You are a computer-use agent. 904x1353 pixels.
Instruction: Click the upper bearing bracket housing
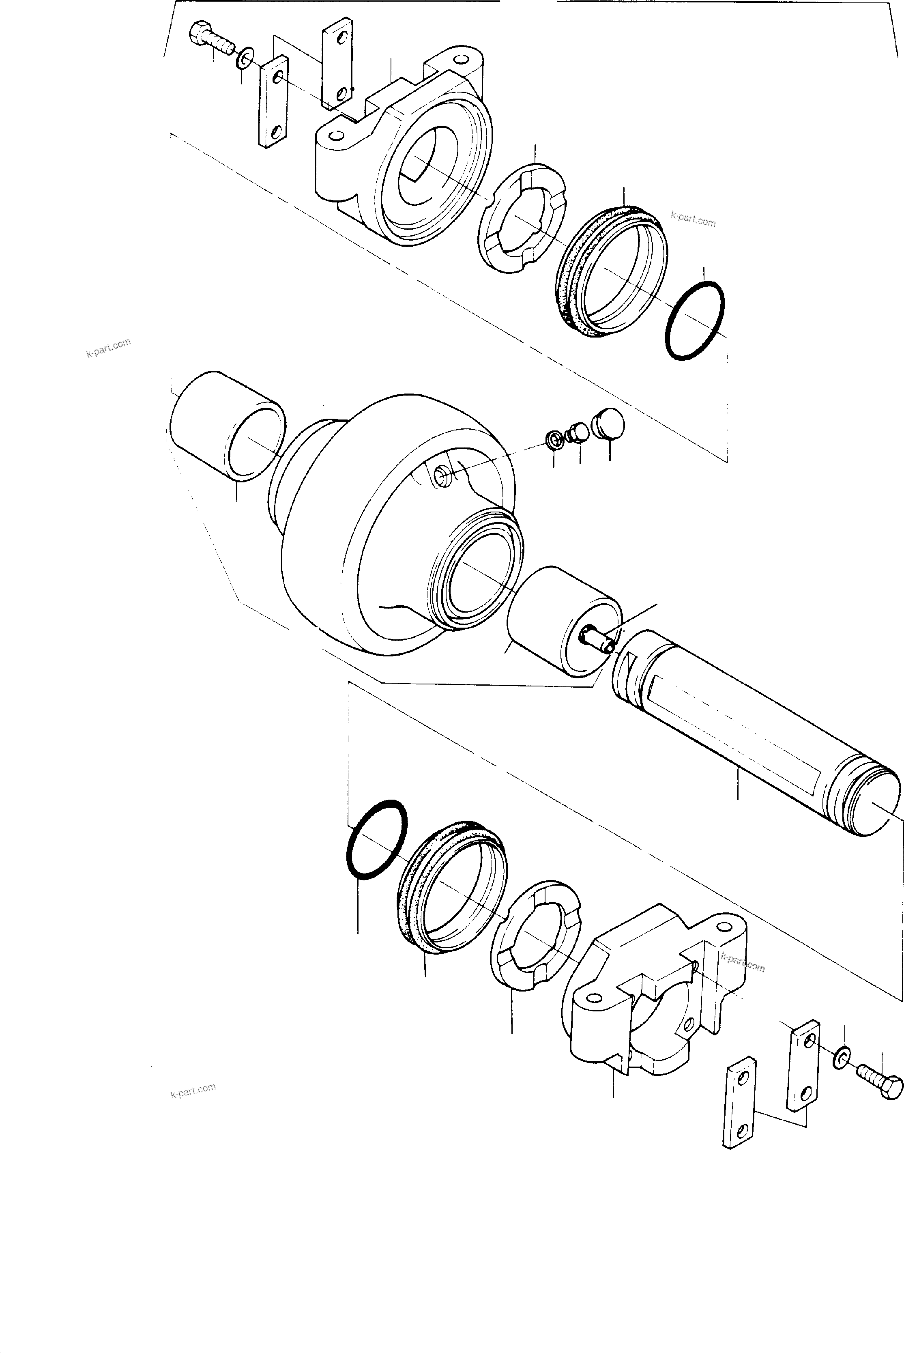click(404, 150)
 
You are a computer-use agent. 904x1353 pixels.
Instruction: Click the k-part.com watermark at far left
click(108, 348)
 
